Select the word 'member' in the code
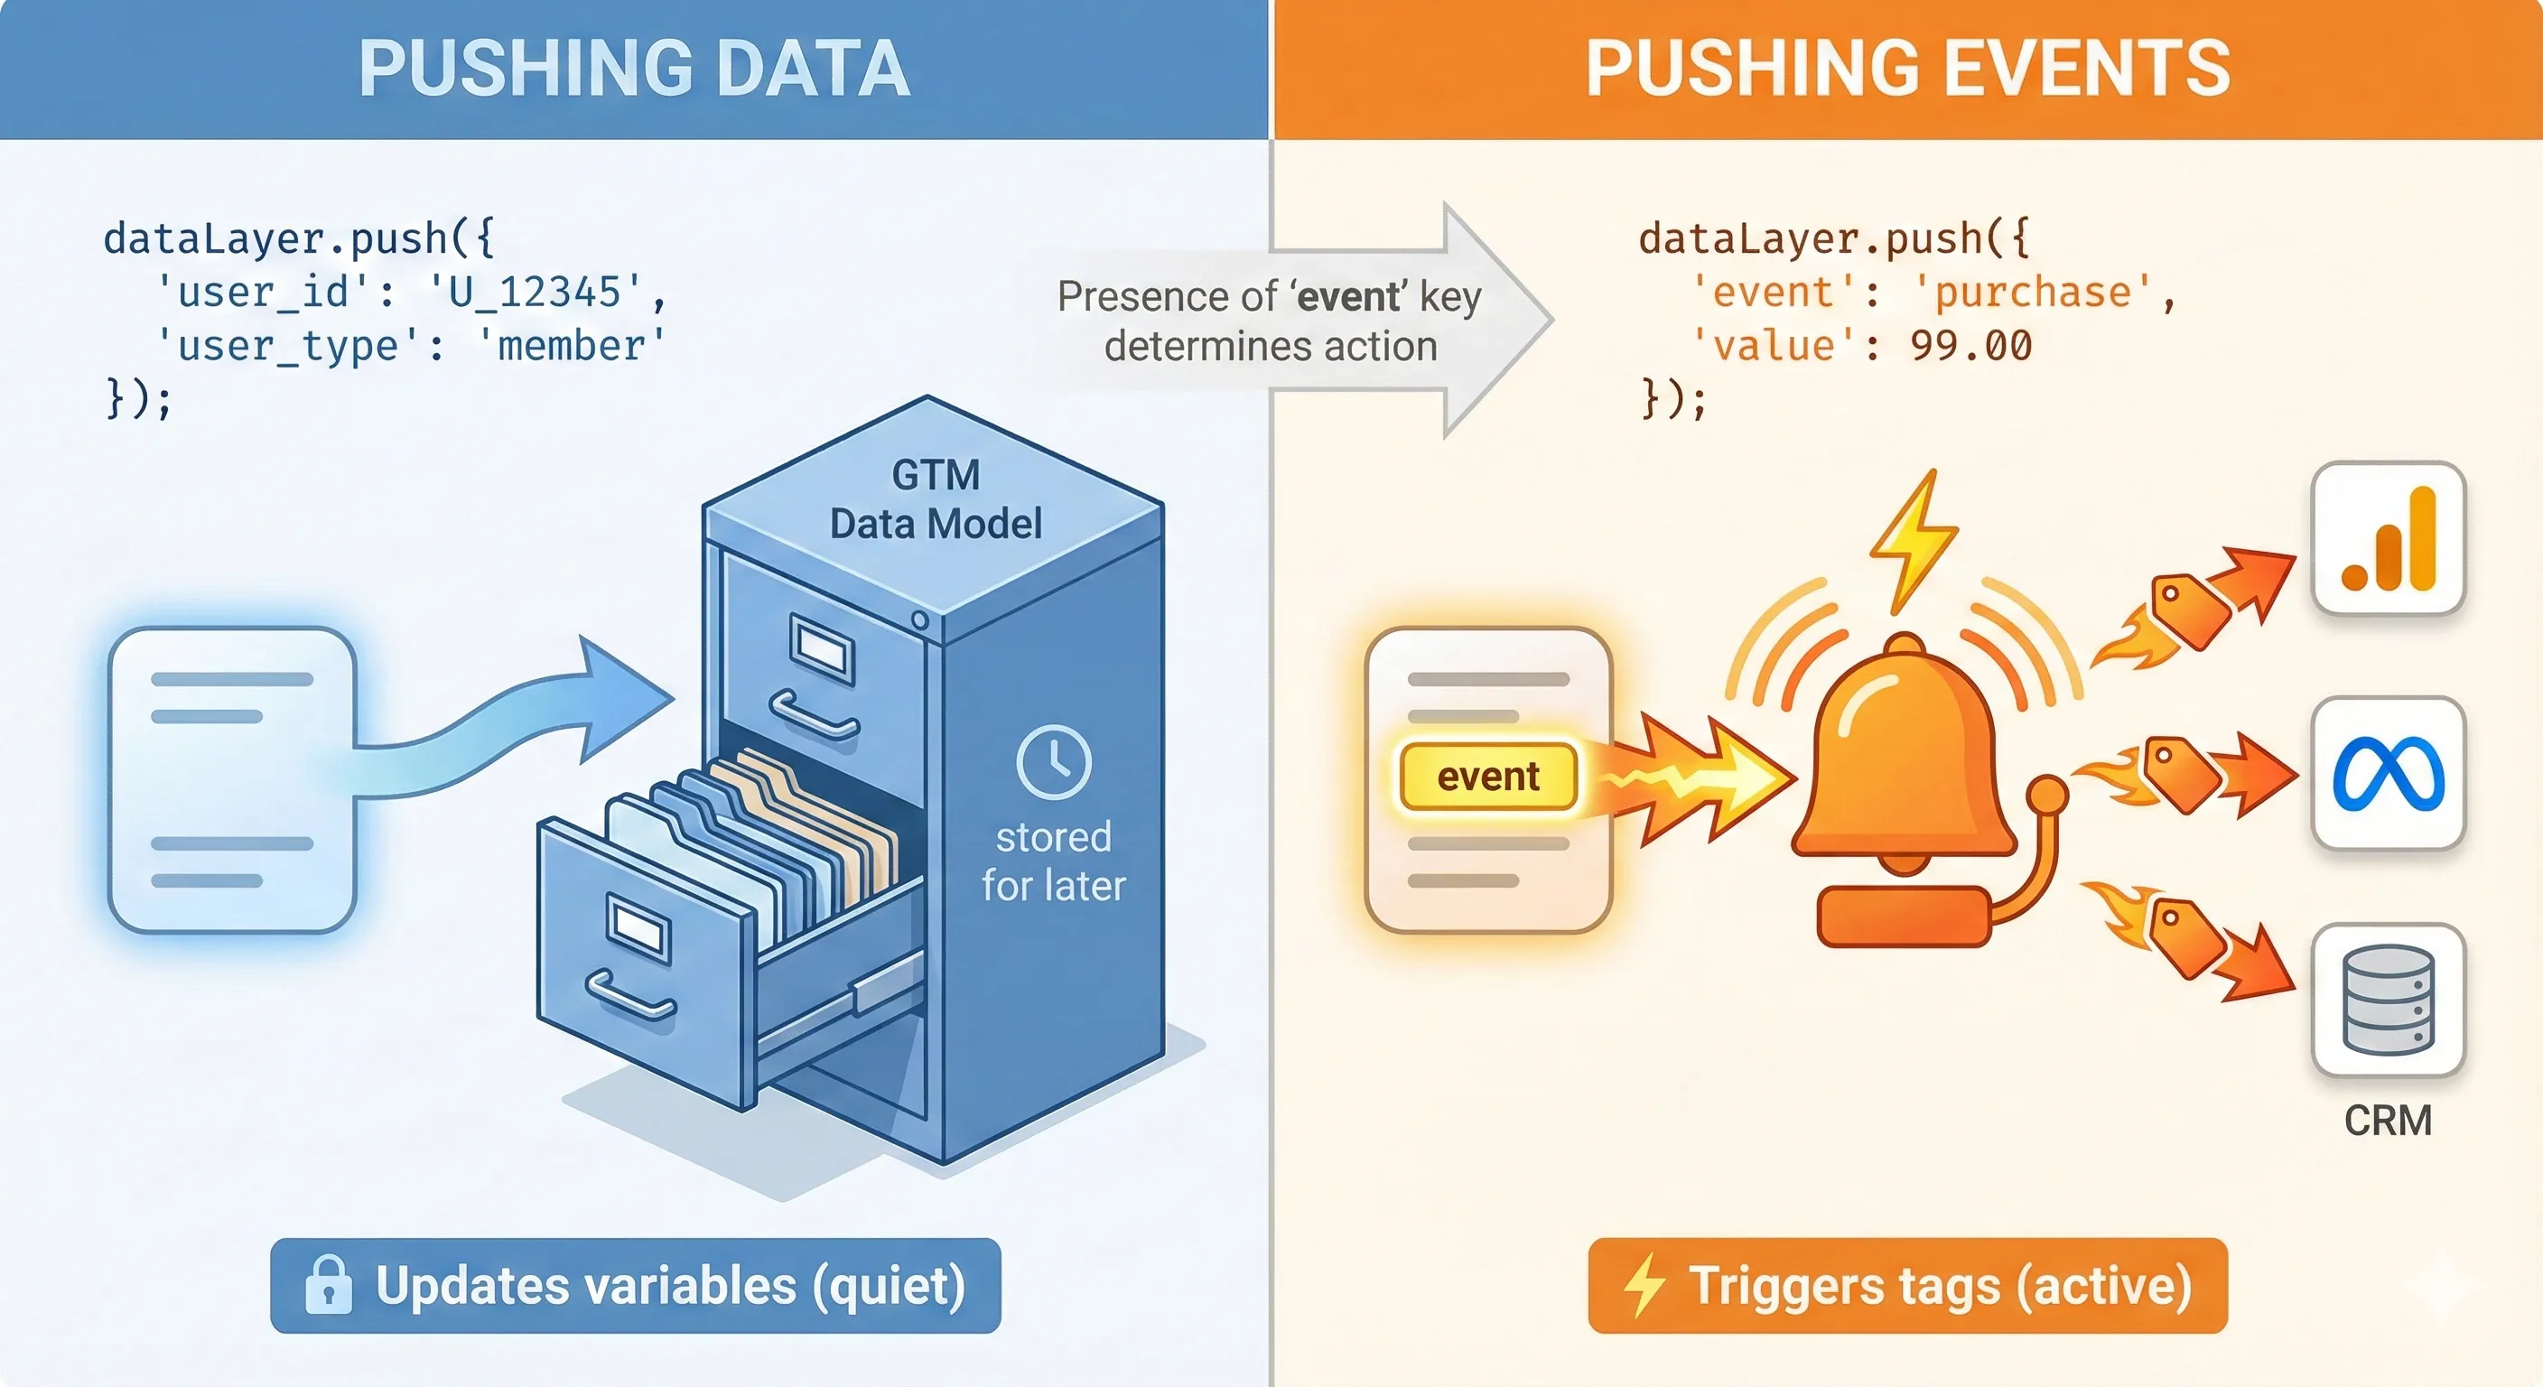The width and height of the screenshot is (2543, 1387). [571, 346]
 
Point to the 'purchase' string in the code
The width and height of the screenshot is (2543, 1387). [2033, 293]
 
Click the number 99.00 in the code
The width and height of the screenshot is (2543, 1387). [1970, 346]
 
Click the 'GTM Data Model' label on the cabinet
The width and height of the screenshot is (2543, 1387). [935, 499]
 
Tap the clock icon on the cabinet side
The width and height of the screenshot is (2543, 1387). [1053, 762]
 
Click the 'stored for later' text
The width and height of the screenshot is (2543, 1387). [1053, 861]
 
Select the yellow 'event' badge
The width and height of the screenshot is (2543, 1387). [1487, 777]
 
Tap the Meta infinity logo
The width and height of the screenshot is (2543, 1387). [2388, 774]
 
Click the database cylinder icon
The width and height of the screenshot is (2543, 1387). [2388, 999]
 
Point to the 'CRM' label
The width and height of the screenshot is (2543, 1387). [2388, 1121]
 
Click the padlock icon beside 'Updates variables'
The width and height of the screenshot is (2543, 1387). [328, 1285]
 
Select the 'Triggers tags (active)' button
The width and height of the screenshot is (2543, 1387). [1907, 1285]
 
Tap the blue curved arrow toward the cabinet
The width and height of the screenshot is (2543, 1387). [533, 721]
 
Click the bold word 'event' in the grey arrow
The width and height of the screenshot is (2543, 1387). [1348, 296]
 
